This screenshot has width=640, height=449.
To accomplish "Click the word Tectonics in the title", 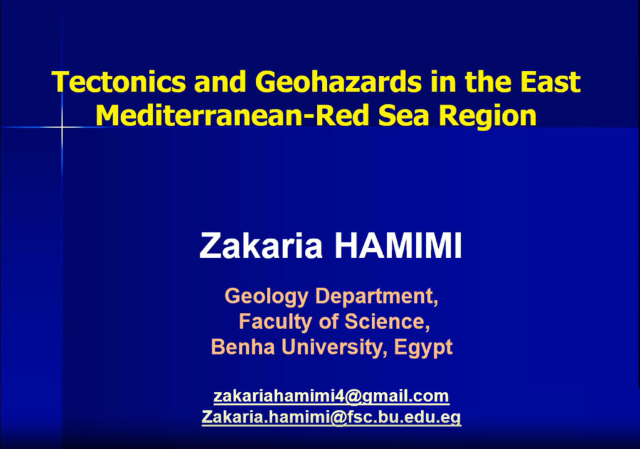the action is [118, 81].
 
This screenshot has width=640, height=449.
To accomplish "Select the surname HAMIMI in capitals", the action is [398, 245].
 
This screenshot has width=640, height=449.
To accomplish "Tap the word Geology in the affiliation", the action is [266, 297].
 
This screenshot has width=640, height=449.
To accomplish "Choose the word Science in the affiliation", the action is [387, 322].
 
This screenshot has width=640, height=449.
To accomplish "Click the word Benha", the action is [243, 347].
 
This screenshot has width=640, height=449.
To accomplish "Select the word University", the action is [334, 348].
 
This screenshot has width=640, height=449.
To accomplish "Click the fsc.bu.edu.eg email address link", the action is [331, 417].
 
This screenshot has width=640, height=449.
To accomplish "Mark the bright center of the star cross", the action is [62, 127].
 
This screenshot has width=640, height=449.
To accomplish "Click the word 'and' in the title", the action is [220, 81].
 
